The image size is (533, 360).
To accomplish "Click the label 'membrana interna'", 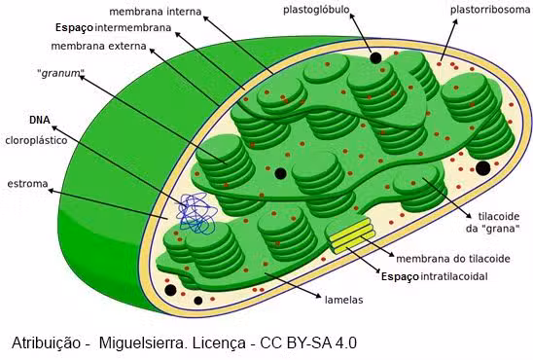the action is tap(156, 12).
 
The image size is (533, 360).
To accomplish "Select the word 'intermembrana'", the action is tap(132, 27).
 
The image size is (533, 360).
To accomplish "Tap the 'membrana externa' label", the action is tap(98, 46).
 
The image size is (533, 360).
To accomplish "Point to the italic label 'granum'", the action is tap(61, 73).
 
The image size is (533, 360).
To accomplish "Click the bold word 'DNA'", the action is tap(40, 120).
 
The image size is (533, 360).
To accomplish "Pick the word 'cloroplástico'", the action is tap(36, 140).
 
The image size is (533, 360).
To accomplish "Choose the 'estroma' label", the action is tap(27, 184).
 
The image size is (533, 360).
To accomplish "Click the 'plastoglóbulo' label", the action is tap(316, 10).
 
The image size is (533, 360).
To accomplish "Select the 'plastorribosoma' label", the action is tap(490, 11).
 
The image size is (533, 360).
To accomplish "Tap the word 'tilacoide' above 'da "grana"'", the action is tap(499, 216).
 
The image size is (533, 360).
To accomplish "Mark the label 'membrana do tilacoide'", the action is tap(453, 259).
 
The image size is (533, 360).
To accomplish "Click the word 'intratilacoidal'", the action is tap(454, 276).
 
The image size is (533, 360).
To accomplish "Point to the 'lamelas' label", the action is tap(344, 300).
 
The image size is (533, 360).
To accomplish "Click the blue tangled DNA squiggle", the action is tap(196, 213).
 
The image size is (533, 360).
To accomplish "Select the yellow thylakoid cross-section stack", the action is tap(351, 235).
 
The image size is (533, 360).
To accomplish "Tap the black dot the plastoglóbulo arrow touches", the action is tap(375, 58).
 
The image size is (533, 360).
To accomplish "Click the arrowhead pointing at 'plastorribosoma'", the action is tap(455, 21).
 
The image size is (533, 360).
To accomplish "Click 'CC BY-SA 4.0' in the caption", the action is tap(308, 342).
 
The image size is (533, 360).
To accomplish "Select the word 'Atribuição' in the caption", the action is tap(47, 342).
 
